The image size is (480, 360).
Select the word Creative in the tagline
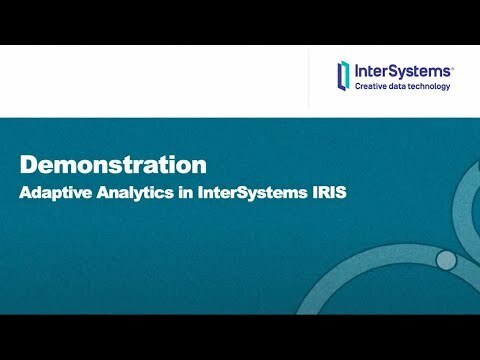click(373, 87)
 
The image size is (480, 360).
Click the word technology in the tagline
click(432, 87)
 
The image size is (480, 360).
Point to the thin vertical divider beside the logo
click(308, 77)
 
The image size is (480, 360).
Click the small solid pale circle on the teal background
click(446, 260)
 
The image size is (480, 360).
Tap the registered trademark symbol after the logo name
click(454, 66)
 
